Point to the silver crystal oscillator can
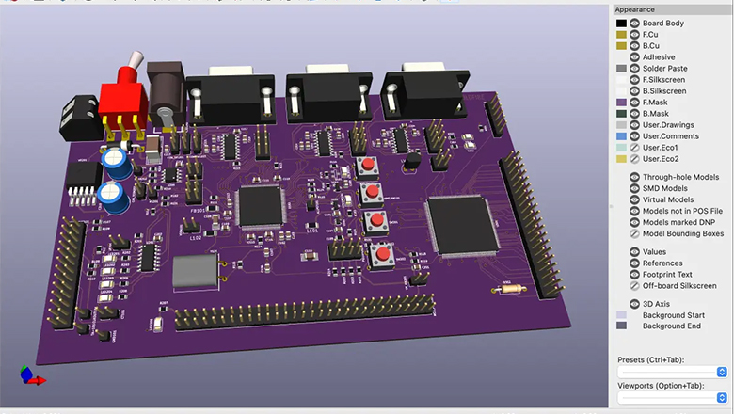pos(196,274)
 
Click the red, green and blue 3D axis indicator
pos(31,377)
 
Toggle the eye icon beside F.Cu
pos(634,34)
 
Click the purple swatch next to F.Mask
pos(621,103)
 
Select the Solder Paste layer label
pos(664,69)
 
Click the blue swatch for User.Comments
pos(621,136)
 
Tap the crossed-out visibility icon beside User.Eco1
pos(634,148)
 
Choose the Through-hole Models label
pos(680,177)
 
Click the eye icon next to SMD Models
pos(634,188)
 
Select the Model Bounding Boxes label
pos(682,233)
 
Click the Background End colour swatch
pos(621,326)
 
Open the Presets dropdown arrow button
pos(722,372)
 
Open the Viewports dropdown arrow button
pos(722,398)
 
